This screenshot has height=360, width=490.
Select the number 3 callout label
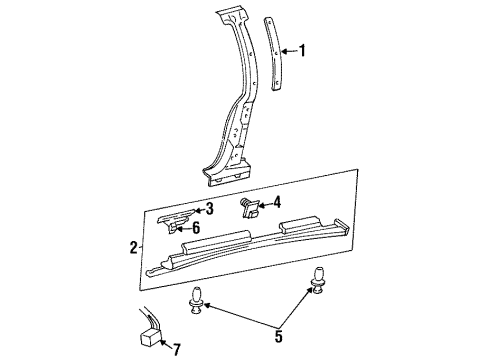click(x=210, y=208)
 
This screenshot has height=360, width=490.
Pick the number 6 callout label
click(x=210, y=227)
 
